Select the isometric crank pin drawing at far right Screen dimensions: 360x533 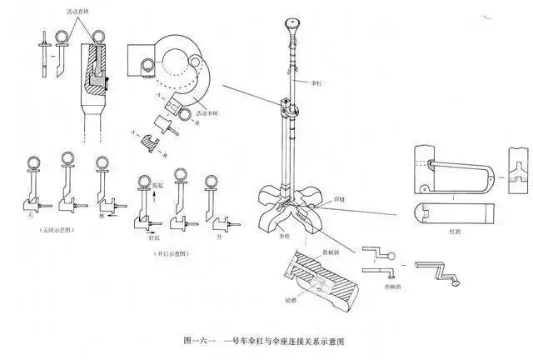click(x=436, y=272)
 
